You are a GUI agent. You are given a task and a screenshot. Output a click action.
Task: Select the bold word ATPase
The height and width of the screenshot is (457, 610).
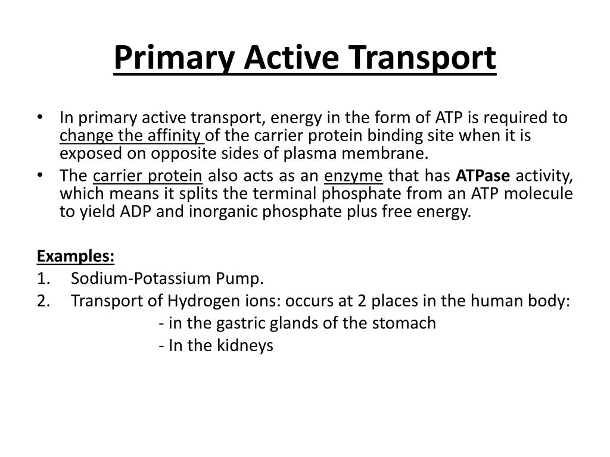[483, 176]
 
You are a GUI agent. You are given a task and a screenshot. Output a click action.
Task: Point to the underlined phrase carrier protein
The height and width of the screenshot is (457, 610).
[148, 176]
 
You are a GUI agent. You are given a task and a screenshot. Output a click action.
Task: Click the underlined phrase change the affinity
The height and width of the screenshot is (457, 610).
[131, 136]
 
